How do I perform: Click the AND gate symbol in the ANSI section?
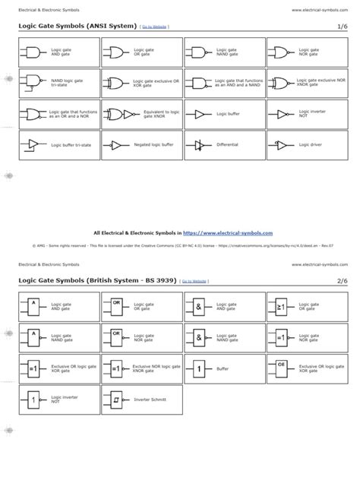33,52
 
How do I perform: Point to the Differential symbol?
199,144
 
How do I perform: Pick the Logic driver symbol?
281,144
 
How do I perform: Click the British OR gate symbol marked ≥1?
281,306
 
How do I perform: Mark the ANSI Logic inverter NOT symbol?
281,113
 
